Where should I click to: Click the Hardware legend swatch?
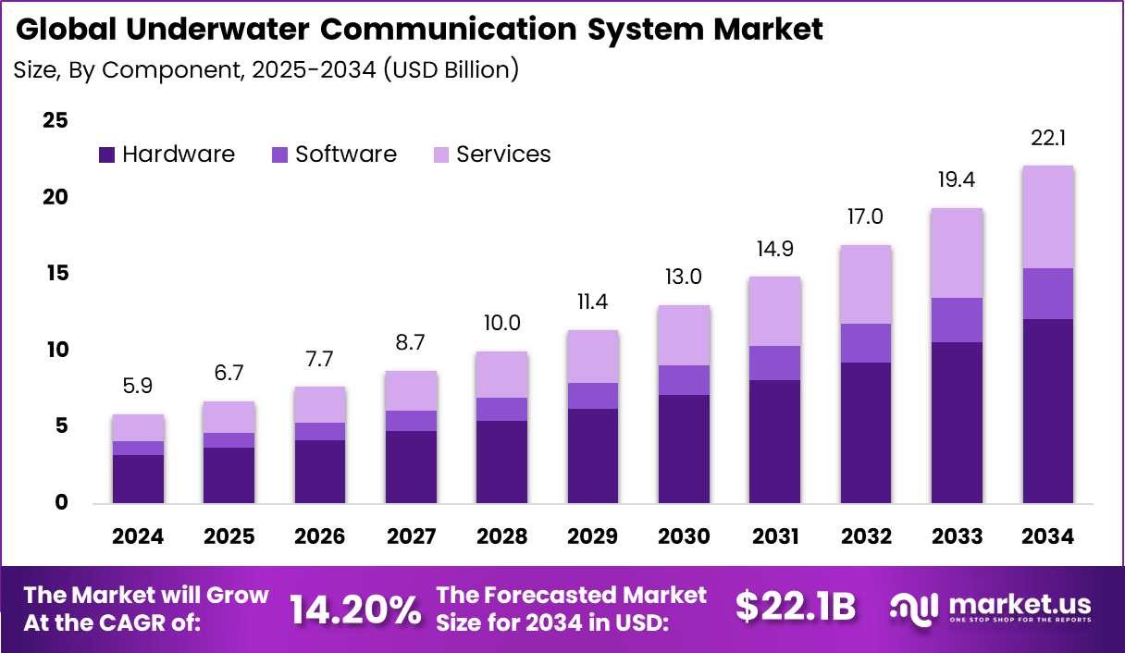(106, 155)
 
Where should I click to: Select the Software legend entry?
(345, 154)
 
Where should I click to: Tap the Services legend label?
(503, 154)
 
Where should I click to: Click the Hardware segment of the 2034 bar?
(1047, 411)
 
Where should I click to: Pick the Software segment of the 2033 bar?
(957, 320)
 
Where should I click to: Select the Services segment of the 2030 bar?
(684, 335)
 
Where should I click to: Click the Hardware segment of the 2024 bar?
(139, 479)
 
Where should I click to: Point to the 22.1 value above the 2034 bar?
(1048, 138)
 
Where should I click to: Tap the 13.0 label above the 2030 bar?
(684, 277)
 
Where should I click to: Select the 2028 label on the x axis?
(501, 537)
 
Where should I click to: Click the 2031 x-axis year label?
(774, 537)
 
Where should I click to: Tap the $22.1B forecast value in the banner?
(796, 607)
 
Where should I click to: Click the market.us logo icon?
(915, 608)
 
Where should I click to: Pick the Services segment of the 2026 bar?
(320, 404)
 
